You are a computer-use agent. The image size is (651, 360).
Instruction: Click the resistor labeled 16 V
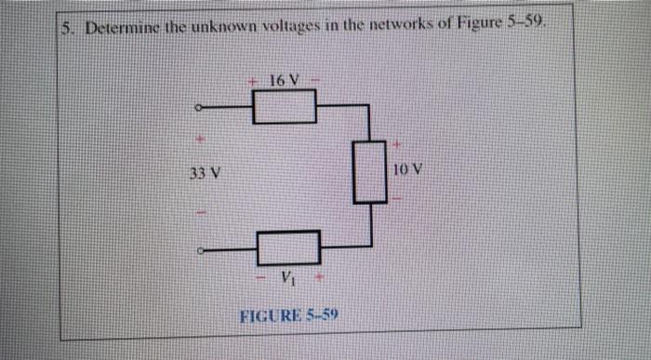pyautogui.click(x=285, y=112)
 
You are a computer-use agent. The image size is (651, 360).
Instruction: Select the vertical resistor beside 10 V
pyautogui.click(x=369, y=172)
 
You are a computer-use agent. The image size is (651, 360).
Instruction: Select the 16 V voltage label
pyautogui.click(x=285, y=80)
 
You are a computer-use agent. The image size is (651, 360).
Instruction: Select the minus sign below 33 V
pyautogui.click(x=197, y=212)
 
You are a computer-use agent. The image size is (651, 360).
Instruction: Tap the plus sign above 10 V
pyautogui.click(x=397, y=145)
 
